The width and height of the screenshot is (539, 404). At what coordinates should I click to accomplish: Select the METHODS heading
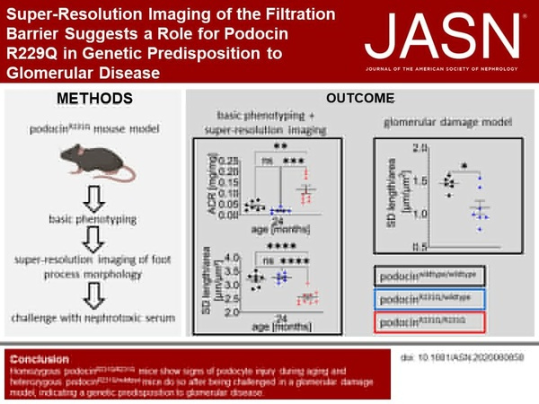[93, 97]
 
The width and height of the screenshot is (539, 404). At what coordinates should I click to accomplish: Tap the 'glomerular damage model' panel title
[445, 127]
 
